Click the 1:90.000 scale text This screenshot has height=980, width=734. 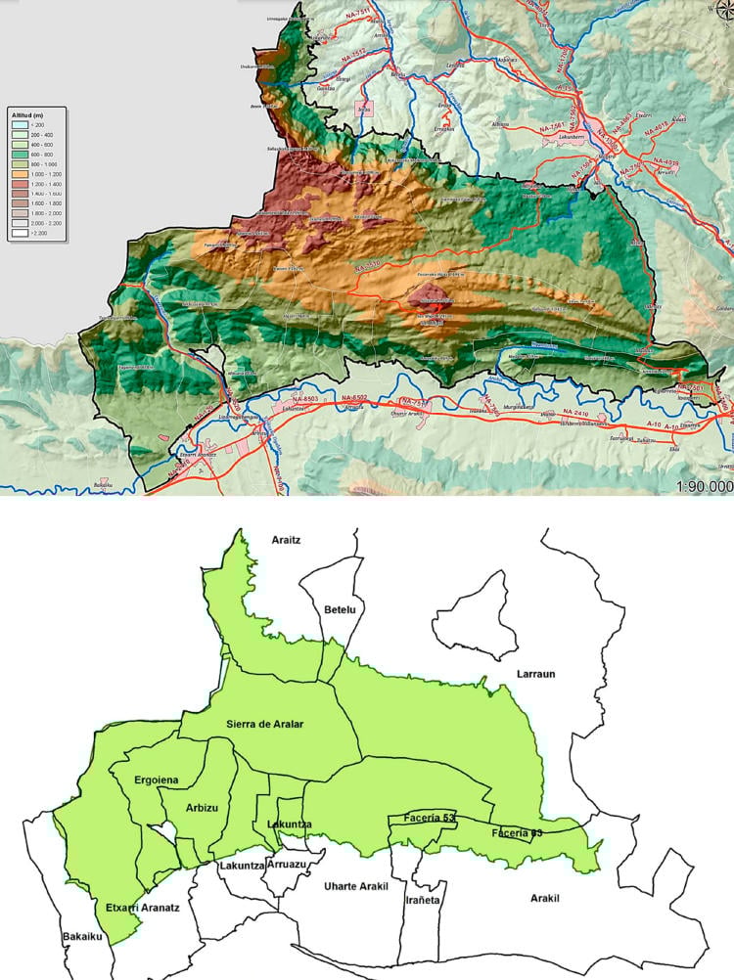(704, 485)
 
